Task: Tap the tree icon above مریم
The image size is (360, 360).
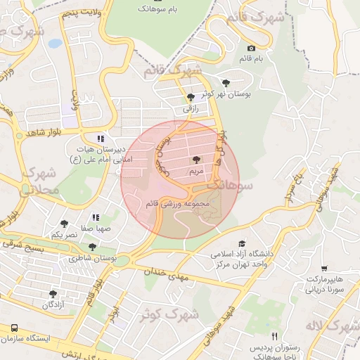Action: (195, 160)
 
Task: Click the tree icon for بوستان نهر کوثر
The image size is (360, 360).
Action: (225, 83)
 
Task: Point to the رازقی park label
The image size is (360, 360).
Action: (191, 109)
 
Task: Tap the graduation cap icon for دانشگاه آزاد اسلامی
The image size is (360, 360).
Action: (243, 243)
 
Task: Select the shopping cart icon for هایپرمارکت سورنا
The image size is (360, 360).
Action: (324, 269)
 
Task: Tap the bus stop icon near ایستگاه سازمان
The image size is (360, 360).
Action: (15, 328)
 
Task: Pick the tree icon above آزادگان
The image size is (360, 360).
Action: (53, 294)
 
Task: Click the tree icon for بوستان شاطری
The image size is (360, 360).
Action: (93, 247)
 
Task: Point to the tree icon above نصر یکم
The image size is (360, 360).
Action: (64, 224)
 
